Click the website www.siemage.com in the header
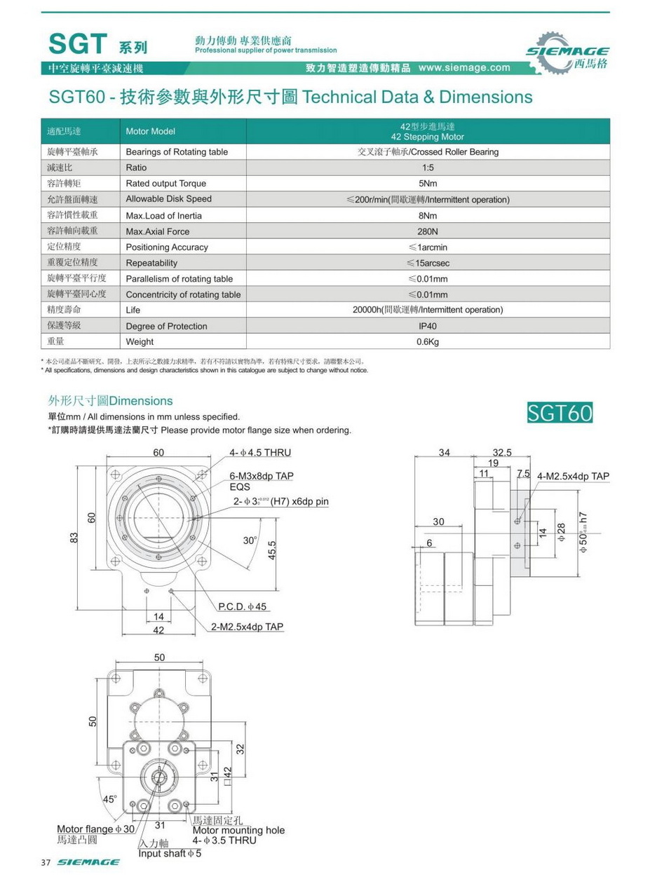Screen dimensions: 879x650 point(464,68)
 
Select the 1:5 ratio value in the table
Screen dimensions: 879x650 point(428,168)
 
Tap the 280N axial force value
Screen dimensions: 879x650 point(428,231)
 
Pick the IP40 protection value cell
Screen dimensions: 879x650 point(428,326)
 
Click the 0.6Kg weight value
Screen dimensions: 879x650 point(428,342)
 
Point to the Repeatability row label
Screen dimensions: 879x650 point(151,263)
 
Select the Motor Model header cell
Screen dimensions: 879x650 point(150,131)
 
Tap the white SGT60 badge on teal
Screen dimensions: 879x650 point(560,412)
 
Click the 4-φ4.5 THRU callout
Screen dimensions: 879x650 point(260,453)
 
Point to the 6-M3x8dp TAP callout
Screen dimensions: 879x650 point(262,476)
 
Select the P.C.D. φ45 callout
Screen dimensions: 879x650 point(248,606)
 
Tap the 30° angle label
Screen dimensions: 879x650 point(250,540)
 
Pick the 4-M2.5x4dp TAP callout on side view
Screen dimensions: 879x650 point(574,477)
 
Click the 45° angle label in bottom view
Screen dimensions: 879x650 point(109,798)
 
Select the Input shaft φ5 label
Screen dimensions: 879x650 point(170,854)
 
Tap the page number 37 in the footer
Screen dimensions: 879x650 point(46,862)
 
